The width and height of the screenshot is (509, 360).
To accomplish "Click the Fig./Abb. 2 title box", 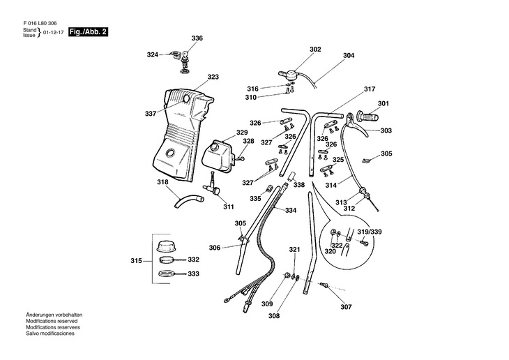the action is [88, 32].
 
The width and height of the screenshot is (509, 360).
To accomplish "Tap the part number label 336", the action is [197, 38].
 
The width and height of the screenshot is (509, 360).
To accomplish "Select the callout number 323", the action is [213, 77].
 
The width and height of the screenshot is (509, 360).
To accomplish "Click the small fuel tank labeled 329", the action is [218, 156].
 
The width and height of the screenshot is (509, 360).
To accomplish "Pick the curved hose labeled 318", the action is [188, 201].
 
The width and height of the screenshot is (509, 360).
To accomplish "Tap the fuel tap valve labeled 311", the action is [212, 186].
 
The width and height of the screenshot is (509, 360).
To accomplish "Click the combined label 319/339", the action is [370, 232].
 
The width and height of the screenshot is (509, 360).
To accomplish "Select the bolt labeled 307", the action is [324, 285].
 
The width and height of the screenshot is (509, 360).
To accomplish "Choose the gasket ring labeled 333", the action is [167, 273].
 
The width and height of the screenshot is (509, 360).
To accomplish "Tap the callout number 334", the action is [291, 211].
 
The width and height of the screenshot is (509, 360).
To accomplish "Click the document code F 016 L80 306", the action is [40, 24].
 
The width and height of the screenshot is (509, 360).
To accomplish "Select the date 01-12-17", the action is [53, 33].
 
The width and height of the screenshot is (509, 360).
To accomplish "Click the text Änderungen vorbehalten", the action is [54, 315].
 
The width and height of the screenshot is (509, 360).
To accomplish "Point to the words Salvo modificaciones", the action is [50, 333].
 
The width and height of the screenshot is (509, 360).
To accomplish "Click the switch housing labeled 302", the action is [287, 75].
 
